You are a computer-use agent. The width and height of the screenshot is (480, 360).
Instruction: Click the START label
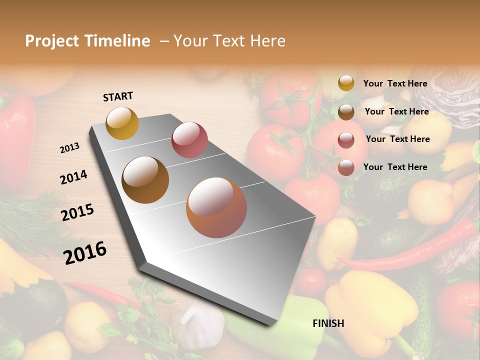118,96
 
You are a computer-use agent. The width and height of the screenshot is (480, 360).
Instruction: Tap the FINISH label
328,323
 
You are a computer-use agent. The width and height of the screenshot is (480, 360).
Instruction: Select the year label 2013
70,148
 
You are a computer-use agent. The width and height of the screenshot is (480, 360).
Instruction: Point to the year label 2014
73,177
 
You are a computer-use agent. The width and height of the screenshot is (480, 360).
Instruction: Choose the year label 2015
77,212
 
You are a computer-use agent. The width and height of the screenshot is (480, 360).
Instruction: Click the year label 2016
85,252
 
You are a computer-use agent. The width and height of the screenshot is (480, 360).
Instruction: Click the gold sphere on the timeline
122,123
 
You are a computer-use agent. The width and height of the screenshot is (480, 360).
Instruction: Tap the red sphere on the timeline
189,139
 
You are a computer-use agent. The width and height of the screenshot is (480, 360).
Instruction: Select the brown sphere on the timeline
145,180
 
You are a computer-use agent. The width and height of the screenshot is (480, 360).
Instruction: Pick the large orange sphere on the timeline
216,207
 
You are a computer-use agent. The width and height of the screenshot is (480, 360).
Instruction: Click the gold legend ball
346,83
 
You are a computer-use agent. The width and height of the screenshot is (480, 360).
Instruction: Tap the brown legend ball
346,112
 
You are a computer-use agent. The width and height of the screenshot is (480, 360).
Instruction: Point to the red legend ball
346,140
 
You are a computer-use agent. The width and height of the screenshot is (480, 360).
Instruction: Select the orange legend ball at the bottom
346,167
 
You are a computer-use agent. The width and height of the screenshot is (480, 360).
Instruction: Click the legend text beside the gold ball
395,84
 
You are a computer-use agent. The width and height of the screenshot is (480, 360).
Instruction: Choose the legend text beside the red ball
397,139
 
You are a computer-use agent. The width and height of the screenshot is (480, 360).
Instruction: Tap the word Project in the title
52,41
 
